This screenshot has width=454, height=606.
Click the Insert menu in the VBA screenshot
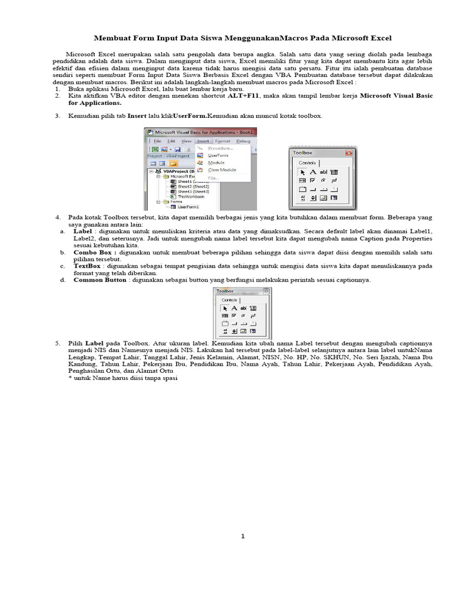coord(203,141)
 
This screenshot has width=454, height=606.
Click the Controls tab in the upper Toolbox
coord(307,163)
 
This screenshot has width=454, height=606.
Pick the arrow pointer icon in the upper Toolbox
coord(302,172)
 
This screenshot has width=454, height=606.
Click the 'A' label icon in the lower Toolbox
coord(234,308)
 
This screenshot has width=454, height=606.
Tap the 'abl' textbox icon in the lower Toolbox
coord(244,308)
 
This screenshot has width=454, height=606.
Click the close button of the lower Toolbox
coord(266,291)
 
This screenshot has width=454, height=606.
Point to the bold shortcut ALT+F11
coord(244,95)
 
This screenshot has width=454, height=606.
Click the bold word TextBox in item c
coord(87,266)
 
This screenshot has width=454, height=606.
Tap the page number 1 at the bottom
coord(242,536)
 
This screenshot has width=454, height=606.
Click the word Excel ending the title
coord(379,38)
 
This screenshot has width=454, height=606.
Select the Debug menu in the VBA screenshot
coord(243,141)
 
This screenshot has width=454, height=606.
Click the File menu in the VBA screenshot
coord(157,141)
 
